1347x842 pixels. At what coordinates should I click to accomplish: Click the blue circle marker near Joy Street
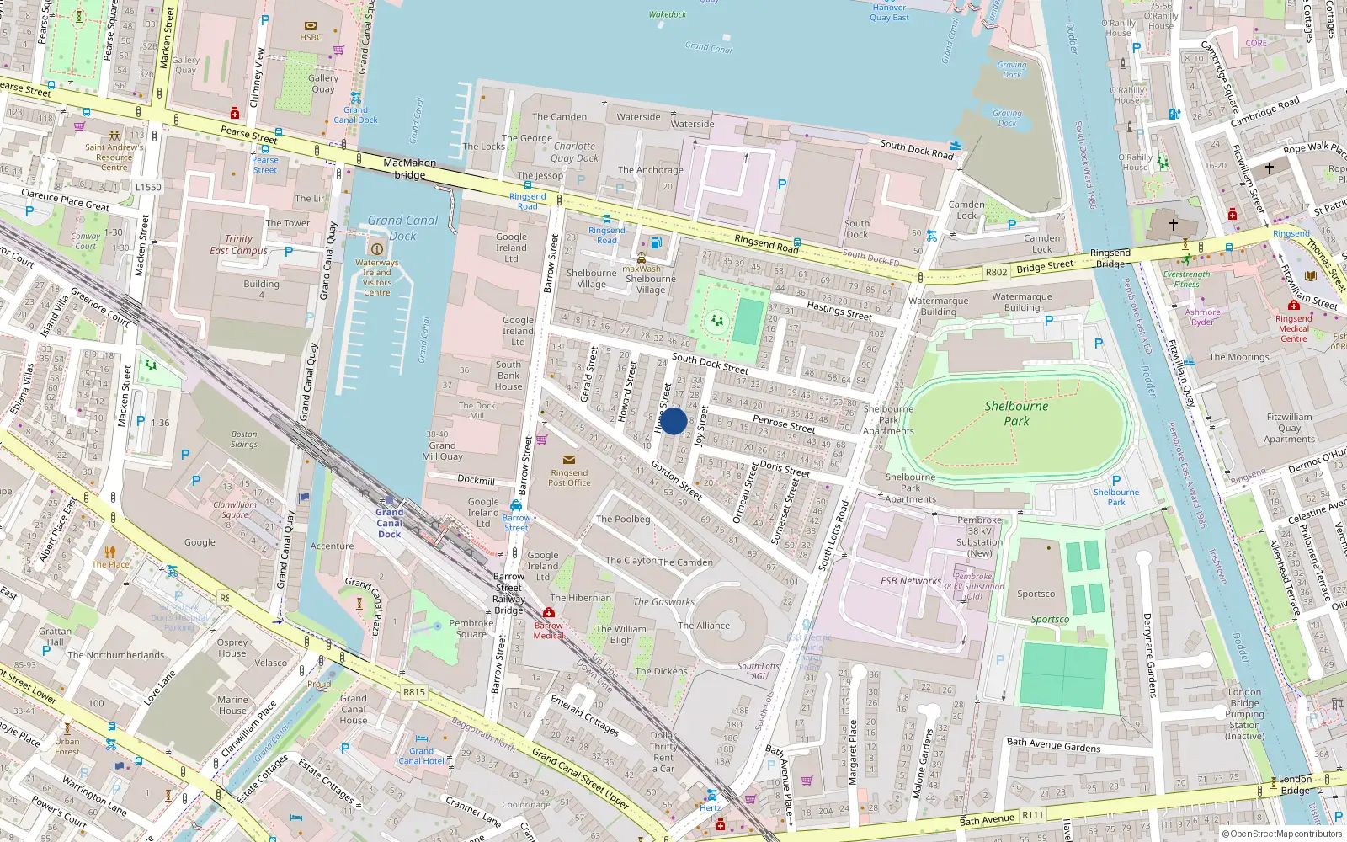click(x=673, y=421)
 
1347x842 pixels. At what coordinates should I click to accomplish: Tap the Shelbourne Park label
click(x=1016, y=413)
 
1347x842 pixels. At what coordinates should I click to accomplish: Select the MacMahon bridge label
click(x=410, y=168)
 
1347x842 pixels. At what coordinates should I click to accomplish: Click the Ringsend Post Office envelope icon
click(x=569, y=460)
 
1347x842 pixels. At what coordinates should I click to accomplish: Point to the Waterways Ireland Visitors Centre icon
click(x=377, y=248)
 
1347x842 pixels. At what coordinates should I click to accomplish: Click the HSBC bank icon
click(x=311, y=26)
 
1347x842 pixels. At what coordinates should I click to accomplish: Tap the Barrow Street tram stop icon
click(x=516, y=505)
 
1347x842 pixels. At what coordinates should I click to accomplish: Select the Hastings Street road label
click(x=839, y=311)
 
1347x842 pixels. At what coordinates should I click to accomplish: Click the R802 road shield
click(x=996, y=272)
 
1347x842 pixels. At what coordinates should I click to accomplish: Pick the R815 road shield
click(x=413, y=692)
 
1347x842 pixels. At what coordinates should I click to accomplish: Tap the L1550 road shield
click(x=148, y=187)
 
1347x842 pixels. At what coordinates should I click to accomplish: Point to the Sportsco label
click(x=1036, y=594)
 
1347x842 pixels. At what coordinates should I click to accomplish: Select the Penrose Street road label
click(x=784, y=424)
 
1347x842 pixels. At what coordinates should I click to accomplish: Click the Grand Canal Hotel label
click(x=421, y=755)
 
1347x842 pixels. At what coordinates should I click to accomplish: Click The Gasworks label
click(x=663, y=602)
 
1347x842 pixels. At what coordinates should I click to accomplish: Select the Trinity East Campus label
click(x=238, y=245)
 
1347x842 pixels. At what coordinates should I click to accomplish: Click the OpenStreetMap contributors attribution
click(x=1286, y=834)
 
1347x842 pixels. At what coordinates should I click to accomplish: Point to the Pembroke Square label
click(x=471, y=628)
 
